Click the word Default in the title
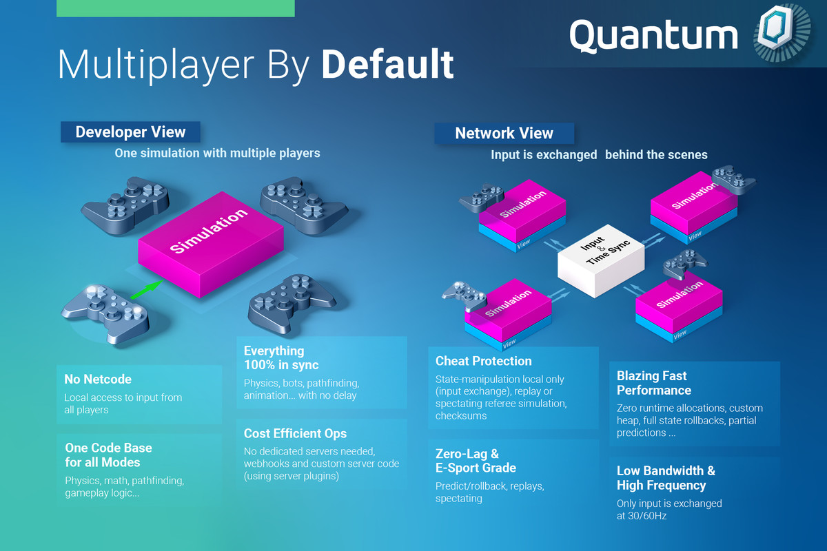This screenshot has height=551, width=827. tap(387, 65)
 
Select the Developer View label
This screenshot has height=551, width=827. tap(130, 132)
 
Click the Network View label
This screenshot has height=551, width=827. tap(504, 133)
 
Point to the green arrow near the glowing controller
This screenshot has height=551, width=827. tap(147, 290)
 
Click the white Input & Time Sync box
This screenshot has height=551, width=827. tap(601, 260)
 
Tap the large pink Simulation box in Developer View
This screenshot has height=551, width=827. tap(211, 245)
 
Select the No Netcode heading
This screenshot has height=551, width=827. tap(98, 380)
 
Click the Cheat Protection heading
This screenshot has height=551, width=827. tap(484, 361)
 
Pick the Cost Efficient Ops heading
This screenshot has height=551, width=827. tap(296, 434)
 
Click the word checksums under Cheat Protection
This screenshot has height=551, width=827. tap(461, 416)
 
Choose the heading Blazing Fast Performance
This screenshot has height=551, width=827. tap(654, 383)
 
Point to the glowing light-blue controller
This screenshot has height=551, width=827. tap(106, 312)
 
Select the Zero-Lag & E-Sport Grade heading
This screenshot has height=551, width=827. tap(476, 461)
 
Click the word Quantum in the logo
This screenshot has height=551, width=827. tap(654, 36)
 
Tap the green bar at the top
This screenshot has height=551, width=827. tap(176, 8)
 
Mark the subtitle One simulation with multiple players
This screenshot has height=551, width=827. tap(218, 153)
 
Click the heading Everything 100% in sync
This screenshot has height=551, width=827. tap(281, 358)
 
